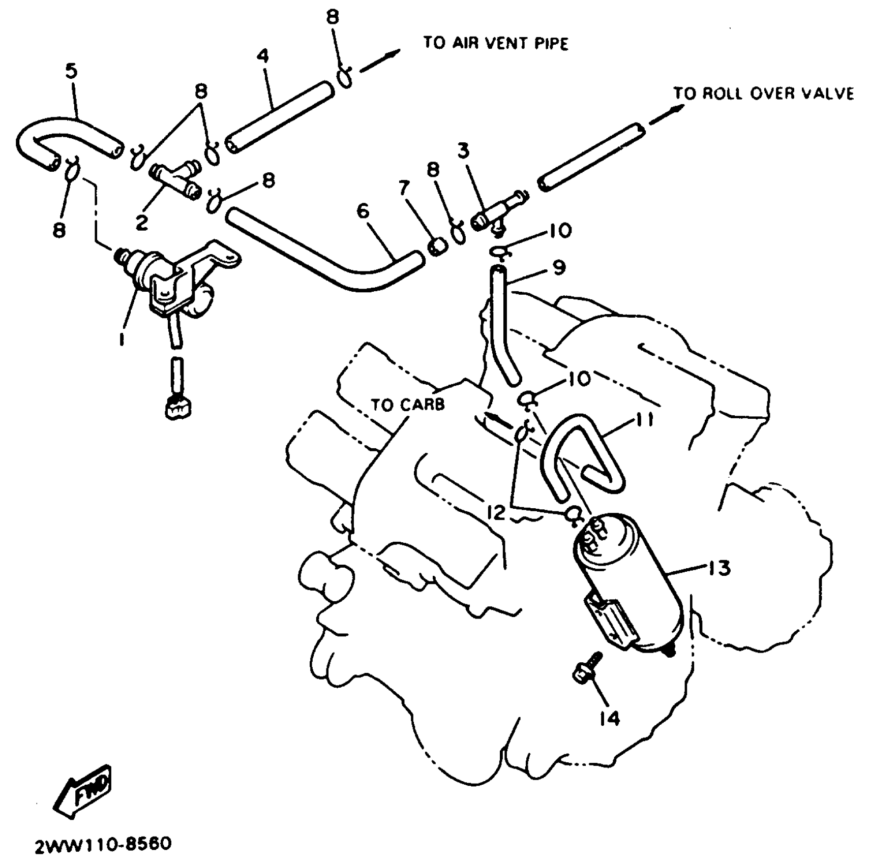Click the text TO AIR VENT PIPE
[x=495, y=43]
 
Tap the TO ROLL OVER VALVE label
[x=763, y=94]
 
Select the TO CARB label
[x=407, y=405]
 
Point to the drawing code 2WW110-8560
[x=103, y=844]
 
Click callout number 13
[x=719, y=568]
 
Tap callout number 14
[x=609, y=718]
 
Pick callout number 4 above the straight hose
[x=262, y=56]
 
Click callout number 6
[x=363, y=211]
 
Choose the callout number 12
[x=496, y=512]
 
